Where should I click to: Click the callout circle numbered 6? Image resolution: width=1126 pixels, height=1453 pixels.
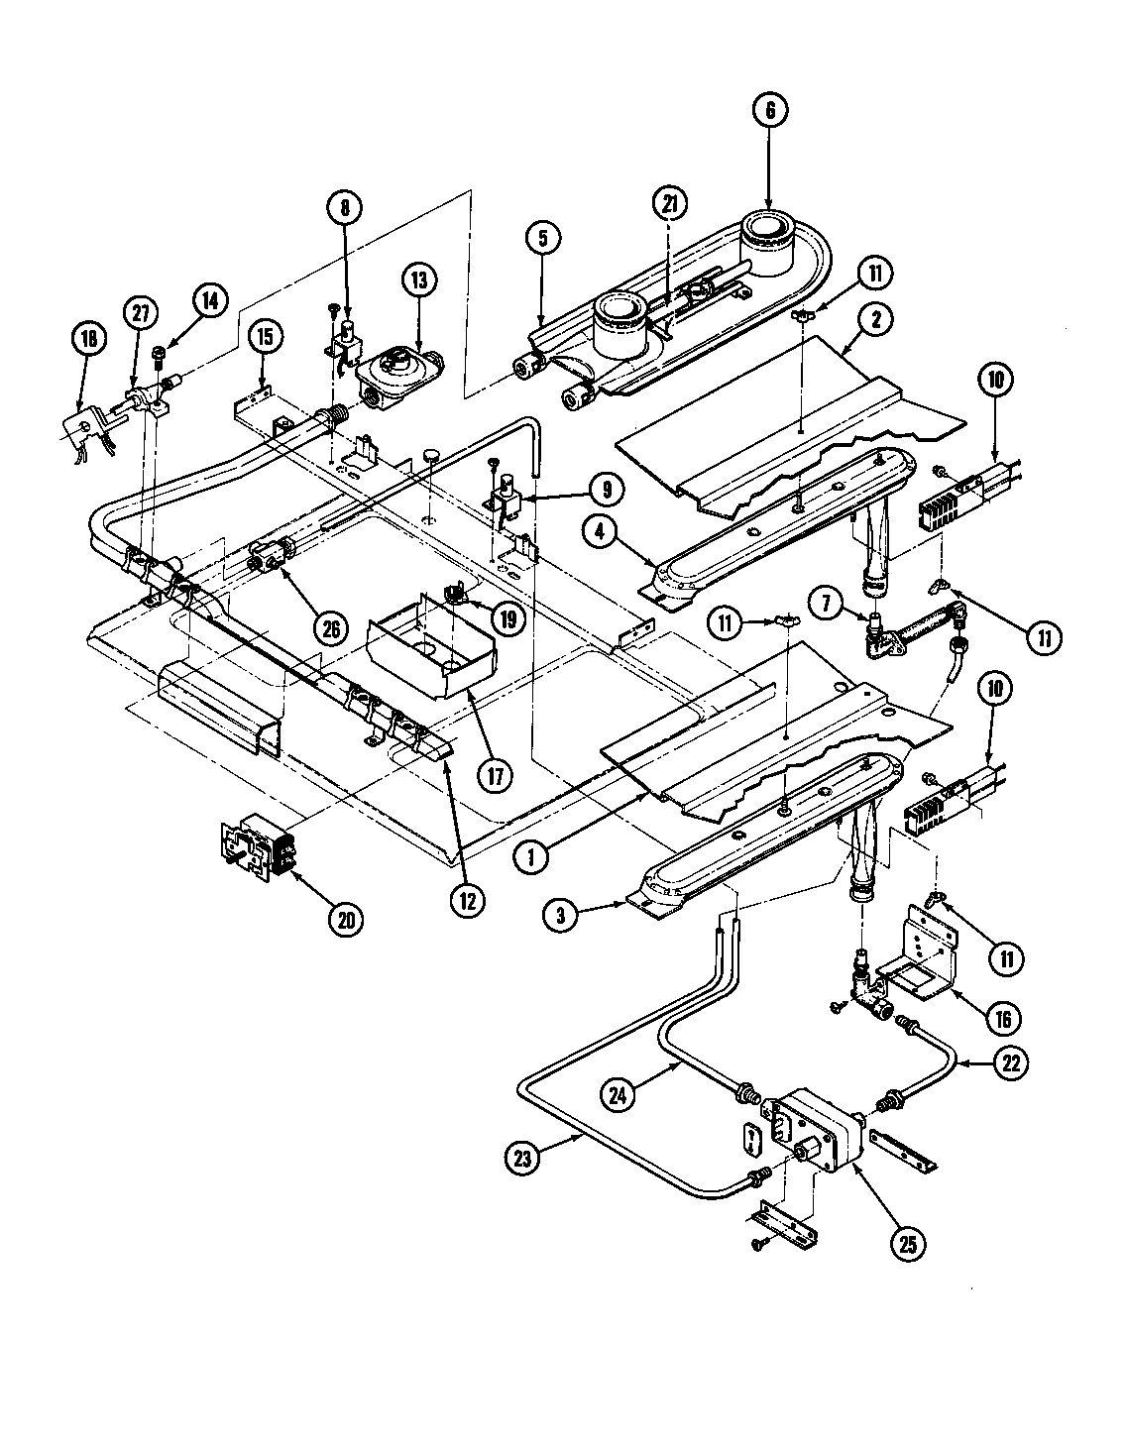pos(770,111)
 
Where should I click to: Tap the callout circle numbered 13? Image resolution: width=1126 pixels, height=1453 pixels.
pos(418,281)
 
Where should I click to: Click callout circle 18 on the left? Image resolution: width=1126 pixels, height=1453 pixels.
pos(89,338)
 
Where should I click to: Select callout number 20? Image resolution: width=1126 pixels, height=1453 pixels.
pos(345,920)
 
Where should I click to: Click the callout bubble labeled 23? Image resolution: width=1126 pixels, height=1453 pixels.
pos(524,1156)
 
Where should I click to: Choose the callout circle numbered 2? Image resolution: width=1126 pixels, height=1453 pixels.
pos(877,319)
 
